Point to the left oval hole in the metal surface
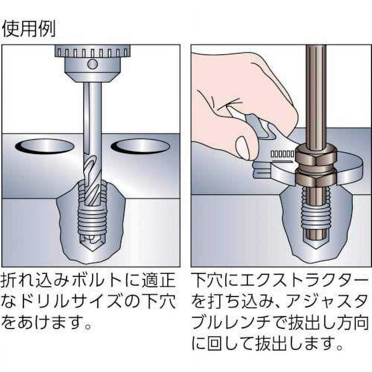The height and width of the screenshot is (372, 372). coord(44,147)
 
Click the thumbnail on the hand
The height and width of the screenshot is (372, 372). coord(244,147)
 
